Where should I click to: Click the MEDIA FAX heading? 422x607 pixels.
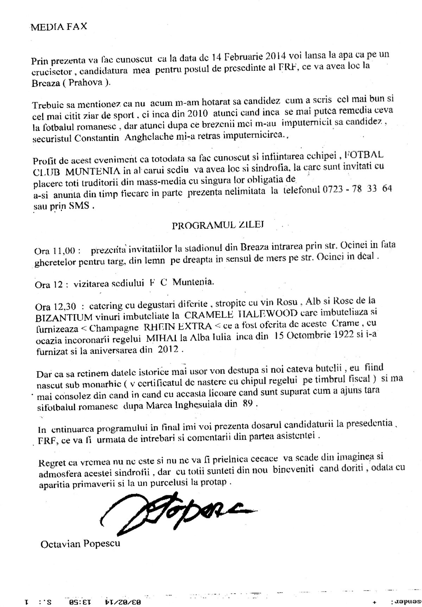(59, 28)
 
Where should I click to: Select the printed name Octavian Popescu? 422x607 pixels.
(80, 543)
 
